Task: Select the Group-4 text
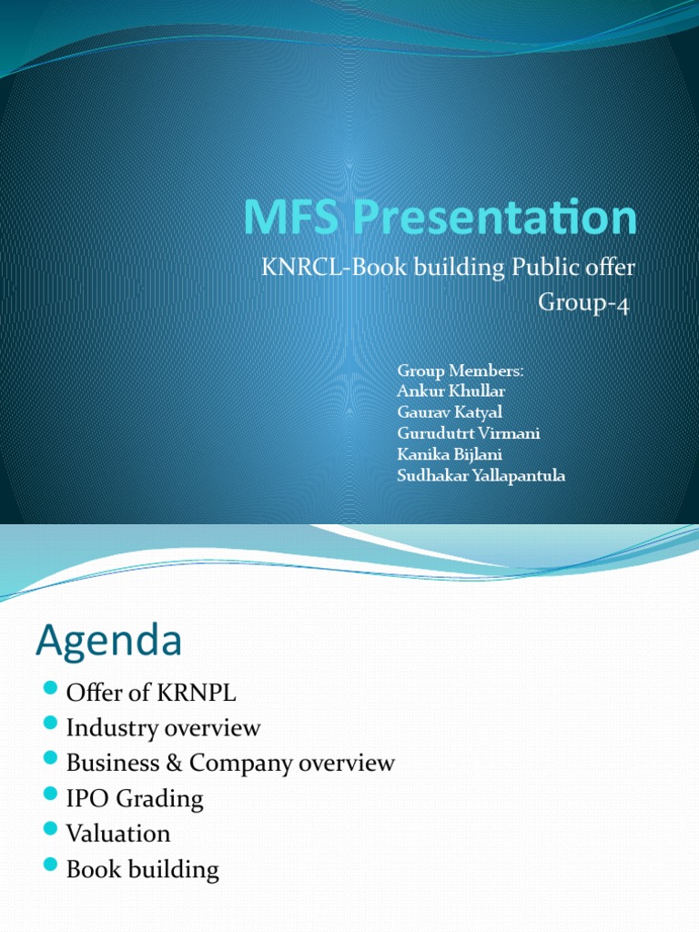(583, 302)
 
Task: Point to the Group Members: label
(461, 370)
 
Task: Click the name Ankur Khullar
(451, 391)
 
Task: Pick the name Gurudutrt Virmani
(469, 433)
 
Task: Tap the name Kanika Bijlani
(449, 454)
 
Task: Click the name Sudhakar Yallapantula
(481, 475)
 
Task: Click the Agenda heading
(108, 642)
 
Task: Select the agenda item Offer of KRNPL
(151, 693)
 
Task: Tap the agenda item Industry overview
(164, 728)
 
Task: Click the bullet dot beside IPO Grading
(50, 796)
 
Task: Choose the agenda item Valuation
(118, 833)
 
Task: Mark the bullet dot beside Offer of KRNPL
(50, 690)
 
